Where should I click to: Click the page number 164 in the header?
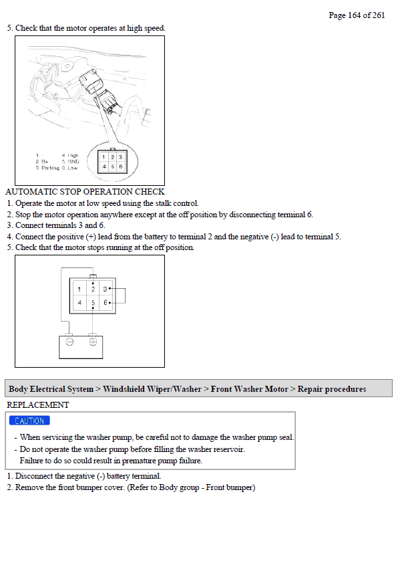pos(354,15)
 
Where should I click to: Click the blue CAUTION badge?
pos(29,421)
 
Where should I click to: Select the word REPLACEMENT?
pos(37,404)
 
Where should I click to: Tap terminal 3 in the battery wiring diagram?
pos(105,289)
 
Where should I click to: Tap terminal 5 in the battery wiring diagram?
pos(93,303)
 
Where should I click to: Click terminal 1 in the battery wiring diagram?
pos(79,289)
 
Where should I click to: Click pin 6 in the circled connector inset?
pos(121,166)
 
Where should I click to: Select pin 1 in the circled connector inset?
pos(104,156)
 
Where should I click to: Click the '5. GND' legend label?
pos(71,162)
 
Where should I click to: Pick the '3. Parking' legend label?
pos(47,168)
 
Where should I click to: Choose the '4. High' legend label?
pos(70,156)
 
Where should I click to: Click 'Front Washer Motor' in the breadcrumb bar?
pos(249,389)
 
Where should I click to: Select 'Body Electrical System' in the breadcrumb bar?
pos(51,389)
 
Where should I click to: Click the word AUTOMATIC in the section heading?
pos(31,192)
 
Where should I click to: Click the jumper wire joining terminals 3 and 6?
pos(124,296)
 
